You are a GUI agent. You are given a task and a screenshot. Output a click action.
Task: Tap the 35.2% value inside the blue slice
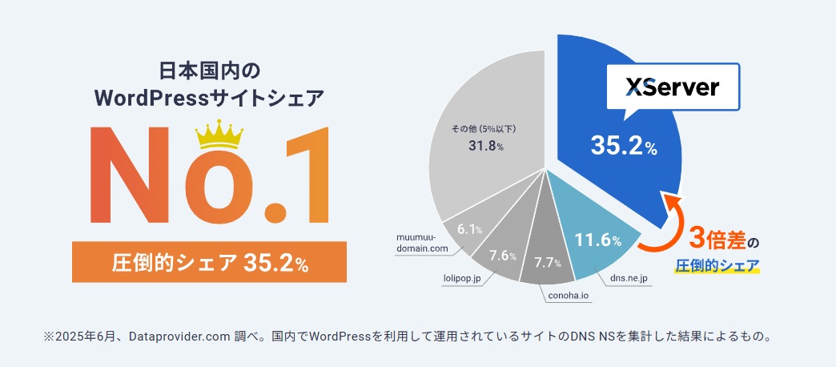(x=624, y=146)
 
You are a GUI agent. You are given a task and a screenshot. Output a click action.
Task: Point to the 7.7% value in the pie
(x=547, y=262)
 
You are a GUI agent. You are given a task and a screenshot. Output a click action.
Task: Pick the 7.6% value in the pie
(x=502, y=256)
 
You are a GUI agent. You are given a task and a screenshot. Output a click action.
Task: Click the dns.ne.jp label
(x=628, y=278)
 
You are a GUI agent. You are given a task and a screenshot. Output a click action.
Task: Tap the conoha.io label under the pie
(x=568, y=296)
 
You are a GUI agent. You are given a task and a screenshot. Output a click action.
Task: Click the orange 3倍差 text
(x=714, y=239)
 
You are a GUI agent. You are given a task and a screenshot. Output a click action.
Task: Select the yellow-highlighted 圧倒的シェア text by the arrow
(x=717, y=265)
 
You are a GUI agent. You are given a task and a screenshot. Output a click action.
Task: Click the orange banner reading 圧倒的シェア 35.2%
(x=209, y=261)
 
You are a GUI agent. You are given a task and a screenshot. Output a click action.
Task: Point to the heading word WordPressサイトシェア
(x=209, y=99)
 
